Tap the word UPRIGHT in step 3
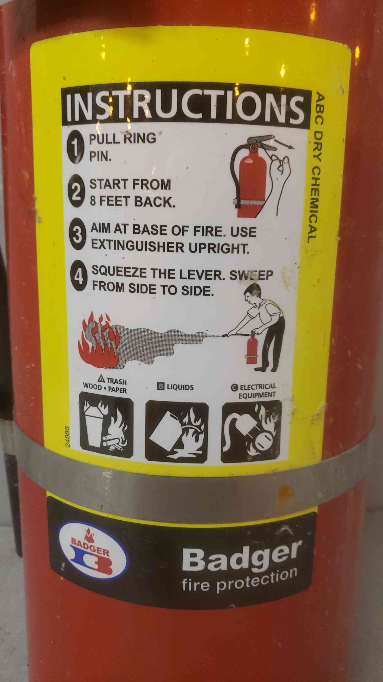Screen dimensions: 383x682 click(x=219, y=248)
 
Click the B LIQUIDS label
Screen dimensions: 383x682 click(x=175, y=387)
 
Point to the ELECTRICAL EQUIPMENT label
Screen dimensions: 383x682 click(x=254, y=391)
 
